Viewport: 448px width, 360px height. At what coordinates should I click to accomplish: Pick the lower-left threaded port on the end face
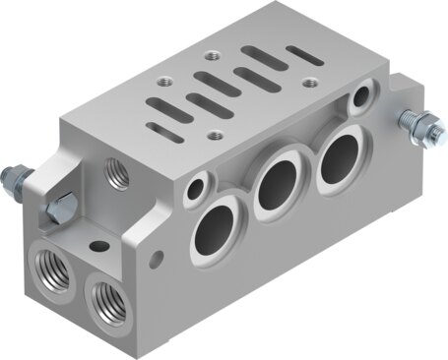[48, 264]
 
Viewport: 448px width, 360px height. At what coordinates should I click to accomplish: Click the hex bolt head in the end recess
[62, 208]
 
